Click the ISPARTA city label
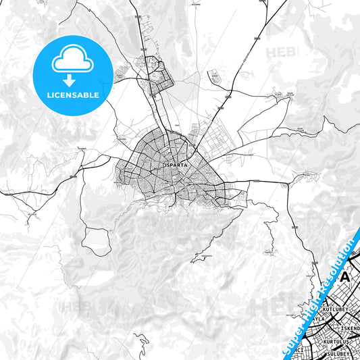[176, 164]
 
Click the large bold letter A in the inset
[346, 276]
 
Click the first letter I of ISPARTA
[164, 164]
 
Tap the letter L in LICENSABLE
[49, 95]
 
